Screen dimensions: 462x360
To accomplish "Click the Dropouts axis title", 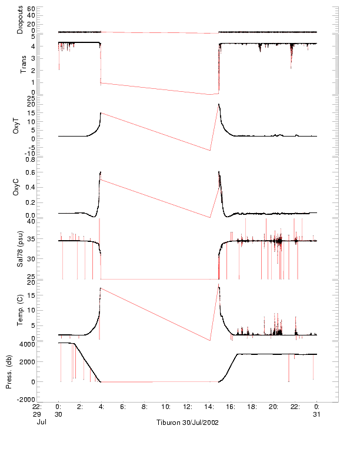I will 21,19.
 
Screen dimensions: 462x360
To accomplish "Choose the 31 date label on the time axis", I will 316,414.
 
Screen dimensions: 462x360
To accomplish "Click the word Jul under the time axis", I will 42,421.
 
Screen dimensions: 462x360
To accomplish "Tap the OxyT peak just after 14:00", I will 219,104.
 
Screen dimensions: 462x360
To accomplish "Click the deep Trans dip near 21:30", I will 291,68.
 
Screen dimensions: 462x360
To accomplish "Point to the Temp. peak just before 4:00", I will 100,288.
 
